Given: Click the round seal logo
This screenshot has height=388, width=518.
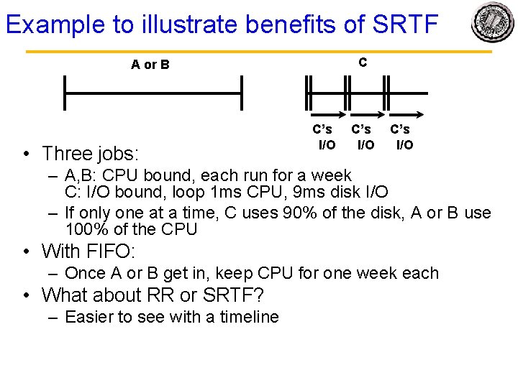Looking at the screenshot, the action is coord(492,23).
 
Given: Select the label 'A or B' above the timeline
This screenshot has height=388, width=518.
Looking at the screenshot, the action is coord(150,65).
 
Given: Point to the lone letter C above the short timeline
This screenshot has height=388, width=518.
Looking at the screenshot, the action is coord(363,63).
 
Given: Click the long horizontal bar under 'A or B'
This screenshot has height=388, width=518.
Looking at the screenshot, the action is coord(153,93).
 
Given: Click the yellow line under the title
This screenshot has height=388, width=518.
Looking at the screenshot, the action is coord(259,52).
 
